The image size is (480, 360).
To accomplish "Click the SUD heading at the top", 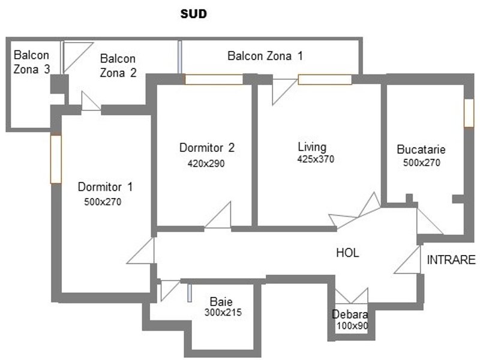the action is pos(193,14).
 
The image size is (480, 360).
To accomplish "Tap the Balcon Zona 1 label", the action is pos(265,56).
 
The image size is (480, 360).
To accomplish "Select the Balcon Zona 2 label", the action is pos(118,65).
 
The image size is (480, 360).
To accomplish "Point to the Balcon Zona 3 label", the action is pos(32,62).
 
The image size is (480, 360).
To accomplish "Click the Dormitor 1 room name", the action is pos(105,187).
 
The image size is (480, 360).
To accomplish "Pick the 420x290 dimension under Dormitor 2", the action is pos(206,163).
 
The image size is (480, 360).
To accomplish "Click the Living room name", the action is pos(312,148).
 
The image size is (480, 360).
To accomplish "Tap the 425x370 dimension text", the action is pos(316,159).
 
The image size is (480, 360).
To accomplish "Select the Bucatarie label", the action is pos(421,149).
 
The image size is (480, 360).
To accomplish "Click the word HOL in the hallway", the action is pos(347,253).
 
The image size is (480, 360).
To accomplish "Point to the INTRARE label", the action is pos(451,260).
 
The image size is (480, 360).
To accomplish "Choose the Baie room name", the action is pos(221,302).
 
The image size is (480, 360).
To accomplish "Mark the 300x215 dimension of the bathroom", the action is pos(223,312).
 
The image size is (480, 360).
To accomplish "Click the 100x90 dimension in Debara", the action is pos(352,326).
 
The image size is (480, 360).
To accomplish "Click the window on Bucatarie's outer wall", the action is pos(469,113).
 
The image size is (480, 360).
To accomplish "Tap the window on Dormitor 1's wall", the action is pos(56,159).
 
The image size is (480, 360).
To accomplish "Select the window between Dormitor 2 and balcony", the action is pos(214,80).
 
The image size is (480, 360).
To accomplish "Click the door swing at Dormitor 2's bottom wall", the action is pos(218,215).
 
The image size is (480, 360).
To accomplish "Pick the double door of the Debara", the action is pos(352,296).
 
